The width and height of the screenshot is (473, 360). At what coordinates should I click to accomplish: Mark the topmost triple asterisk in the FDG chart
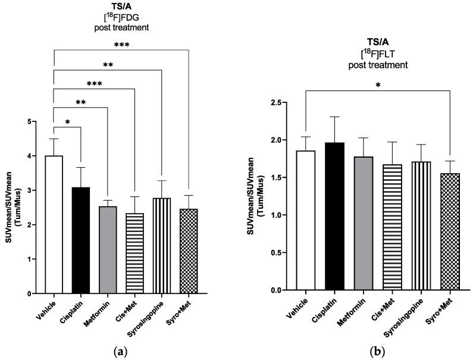121,45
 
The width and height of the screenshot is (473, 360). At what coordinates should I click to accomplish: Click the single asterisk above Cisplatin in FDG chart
67,123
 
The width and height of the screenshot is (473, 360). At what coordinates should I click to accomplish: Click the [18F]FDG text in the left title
121,17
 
